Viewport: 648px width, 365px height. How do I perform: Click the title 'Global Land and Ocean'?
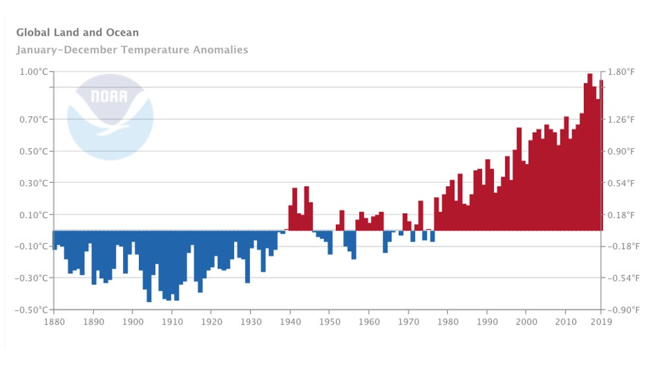(77, 32)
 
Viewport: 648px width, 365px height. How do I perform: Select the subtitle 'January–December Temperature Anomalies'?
(132, 50)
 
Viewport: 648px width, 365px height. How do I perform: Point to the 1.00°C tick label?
(32, 72)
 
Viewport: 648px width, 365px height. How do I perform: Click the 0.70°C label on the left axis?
(32, 119)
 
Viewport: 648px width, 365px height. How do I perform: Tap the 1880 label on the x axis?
(54, 323)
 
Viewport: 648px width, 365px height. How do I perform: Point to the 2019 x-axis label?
(601, 323)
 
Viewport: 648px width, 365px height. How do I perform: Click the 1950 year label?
(329, 323)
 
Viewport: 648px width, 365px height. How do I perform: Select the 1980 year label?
(446, 323)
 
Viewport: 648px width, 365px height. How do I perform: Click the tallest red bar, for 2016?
(589, 152)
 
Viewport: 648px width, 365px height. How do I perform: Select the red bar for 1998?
(519, 179)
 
